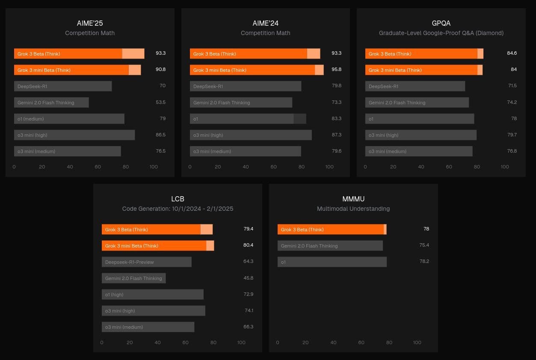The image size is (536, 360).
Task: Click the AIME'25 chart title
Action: [x=90, y=23]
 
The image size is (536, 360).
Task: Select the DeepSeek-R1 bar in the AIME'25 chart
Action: [x=63, y=86]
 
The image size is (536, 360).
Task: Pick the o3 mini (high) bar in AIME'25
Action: [x=74, y=135]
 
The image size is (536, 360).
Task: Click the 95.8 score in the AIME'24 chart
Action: [x=336, y=69]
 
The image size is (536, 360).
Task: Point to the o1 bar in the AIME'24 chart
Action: [x=248, y=119]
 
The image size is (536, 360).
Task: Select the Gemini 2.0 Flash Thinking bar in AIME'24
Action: [x=241, y=103]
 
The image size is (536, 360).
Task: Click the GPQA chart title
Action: [x=441, y=23]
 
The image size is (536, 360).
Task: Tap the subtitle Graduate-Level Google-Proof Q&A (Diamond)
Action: [x=441, y=33]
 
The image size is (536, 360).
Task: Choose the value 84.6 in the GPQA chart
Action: [x=512, y=53]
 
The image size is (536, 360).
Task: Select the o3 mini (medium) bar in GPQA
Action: [x=419, y=151]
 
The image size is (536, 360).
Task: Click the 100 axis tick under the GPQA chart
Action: [x=505, y=167]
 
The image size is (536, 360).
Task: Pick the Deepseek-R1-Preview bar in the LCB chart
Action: [x=146, y=262]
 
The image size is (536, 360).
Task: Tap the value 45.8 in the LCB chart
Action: [x=248, y=278]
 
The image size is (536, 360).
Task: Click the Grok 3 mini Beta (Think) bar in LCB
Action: [x=158, y=246]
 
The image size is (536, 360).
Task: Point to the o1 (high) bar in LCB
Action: [x=152, y=295]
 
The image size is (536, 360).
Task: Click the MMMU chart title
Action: [x=353, y=199]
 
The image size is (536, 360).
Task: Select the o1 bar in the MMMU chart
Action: [x=332, y=262]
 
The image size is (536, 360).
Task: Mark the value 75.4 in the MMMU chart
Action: [x=424, y=245]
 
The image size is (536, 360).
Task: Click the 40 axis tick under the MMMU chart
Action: [x=333, y=342]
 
